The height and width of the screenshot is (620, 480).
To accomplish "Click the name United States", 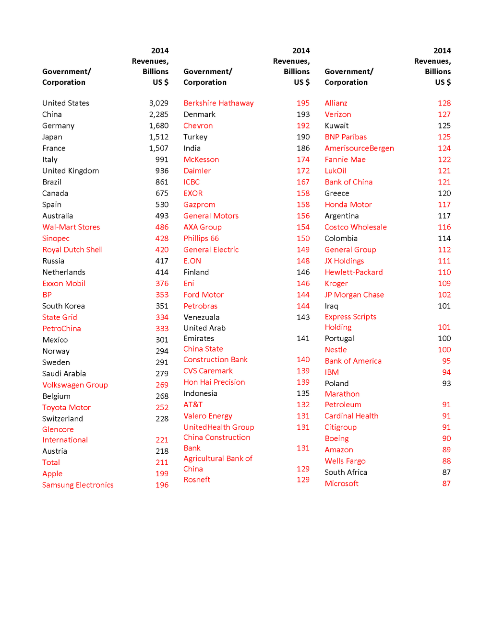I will (x=66, y=103).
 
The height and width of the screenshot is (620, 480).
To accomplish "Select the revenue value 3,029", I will (x=158, y=103).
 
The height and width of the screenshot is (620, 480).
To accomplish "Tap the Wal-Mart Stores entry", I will (x=71, y=227).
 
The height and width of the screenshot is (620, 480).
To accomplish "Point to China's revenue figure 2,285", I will (x=158, y=115).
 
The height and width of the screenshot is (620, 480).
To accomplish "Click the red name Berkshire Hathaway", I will (x=218, y=103).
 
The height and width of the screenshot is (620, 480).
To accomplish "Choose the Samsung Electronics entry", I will (x=78, y=485).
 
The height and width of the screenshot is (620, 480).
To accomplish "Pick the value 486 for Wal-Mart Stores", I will (x=162, y=227).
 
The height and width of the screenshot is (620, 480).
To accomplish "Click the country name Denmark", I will (x=199, y=115).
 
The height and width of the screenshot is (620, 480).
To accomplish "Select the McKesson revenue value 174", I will (x=303, y=160).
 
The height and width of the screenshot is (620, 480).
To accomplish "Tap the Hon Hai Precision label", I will (x=214, y=382).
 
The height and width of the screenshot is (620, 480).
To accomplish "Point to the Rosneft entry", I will (x=197, y=480).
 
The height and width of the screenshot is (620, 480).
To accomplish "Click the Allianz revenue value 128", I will (x=444, y=103).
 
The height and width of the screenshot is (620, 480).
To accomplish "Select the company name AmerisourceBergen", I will (x=359, y=148).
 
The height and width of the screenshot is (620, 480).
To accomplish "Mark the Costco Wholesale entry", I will (x=355, y=227).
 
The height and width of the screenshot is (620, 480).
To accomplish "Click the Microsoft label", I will (x=341, y=483).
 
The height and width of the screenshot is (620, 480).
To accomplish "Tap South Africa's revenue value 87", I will (x=446, y=472).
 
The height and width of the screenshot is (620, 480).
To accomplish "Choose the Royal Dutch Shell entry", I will (x=72, y=250).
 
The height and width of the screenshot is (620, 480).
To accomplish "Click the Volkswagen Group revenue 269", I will (x=162, y=385).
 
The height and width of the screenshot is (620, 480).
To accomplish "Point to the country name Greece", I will (x=336, y=193).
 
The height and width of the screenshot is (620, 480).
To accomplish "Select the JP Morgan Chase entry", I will (x=354, y=295).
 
